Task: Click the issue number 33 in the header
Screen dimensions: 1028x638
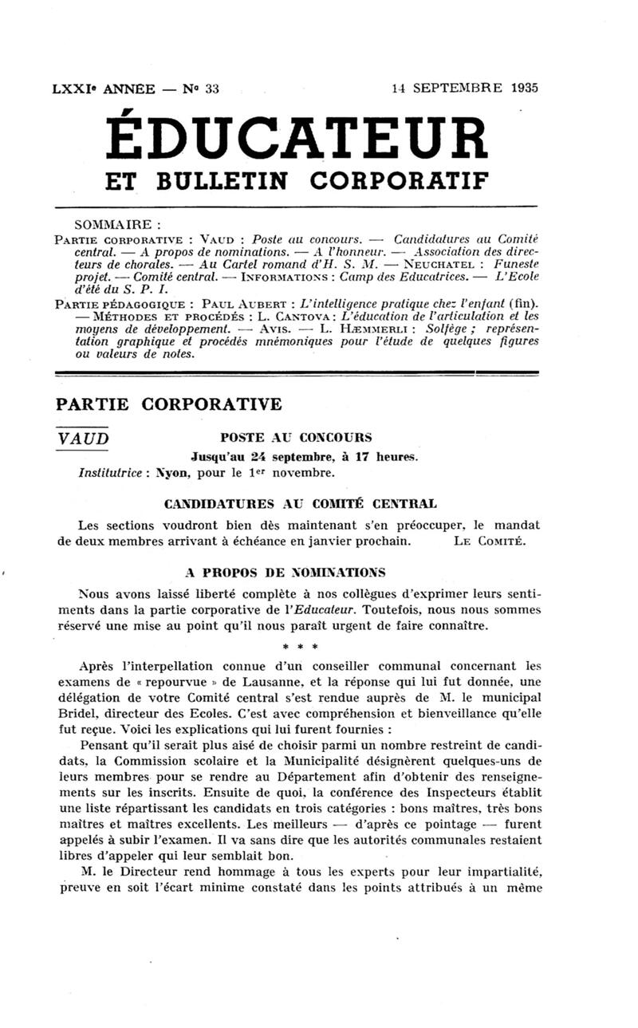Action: click(x=211, y=89)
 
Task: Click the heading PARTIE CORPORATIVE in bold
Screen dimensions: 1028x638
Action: click(x=168, y=404)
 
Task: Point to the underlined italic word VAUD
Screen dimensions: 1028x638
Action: click(x=82, y=439)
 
